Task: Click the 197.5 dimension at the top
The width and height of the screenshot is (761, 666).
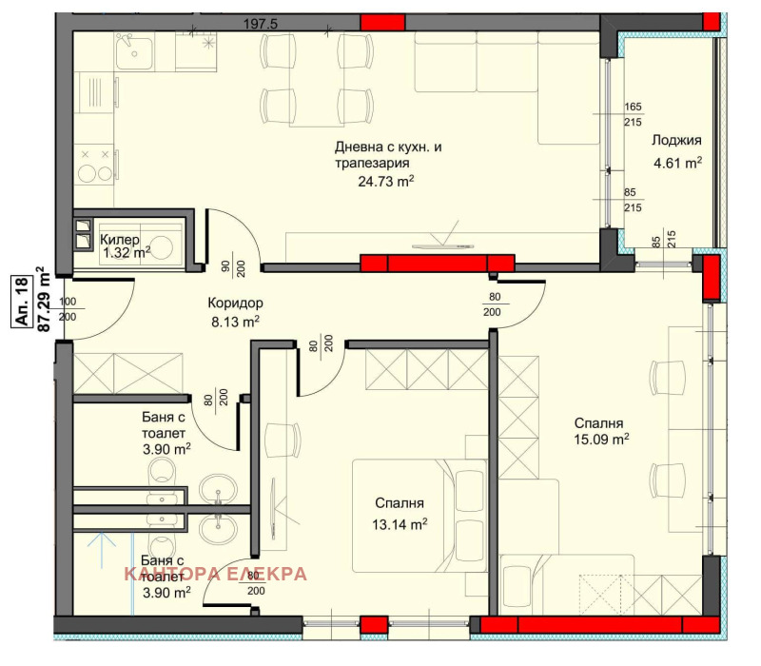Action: (x=260, y=24)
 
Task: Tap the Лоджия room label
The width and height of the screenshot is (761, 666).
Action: (x=676, y=140)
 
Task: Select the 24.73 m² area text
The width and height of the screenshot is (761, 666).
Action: (x=386, y=181)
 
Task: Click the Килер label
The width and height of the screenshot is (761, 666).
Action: (x=120, y=240)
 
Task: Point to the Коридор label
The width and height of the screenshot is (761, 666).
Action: (x=235, y=303)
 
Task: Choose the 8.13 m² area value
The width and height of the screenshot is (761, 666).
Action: (x=235, y=322)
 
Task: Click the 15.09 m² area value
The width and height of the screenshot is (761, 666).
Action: (x=601, y=440)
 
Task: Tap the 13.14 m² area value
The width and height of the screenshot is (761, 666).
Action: (x=400, y=524)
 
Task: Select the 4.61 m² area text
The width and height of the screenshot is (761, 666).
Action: (x=677, y=163)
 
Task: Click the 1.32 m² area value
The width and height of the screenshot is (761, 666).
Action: (x=127, y=252)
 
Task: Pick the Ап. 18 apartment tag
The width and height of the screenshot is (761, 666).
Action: (x=22, y=301)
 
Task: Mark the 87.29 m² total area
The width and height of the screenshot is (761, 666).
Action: (x=44, y=300)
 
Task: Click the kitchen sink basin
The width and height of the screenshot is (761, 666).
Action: (x=133, y=52)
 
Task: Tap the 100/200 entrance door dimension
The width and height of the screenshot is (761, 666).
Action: (x=68, y=308)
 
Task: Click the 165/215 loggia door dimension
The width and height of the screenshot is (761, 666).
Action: (x=633, y=114)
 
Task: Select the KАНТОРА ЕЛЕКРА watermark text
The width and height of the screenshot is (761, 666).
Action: (x=216, y=574)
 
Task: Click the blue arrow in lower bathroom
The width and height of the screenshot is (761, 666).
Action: (x=102, y=550)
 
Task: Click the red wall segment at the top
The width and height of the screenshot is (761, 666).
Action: (x=382, y=23)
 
